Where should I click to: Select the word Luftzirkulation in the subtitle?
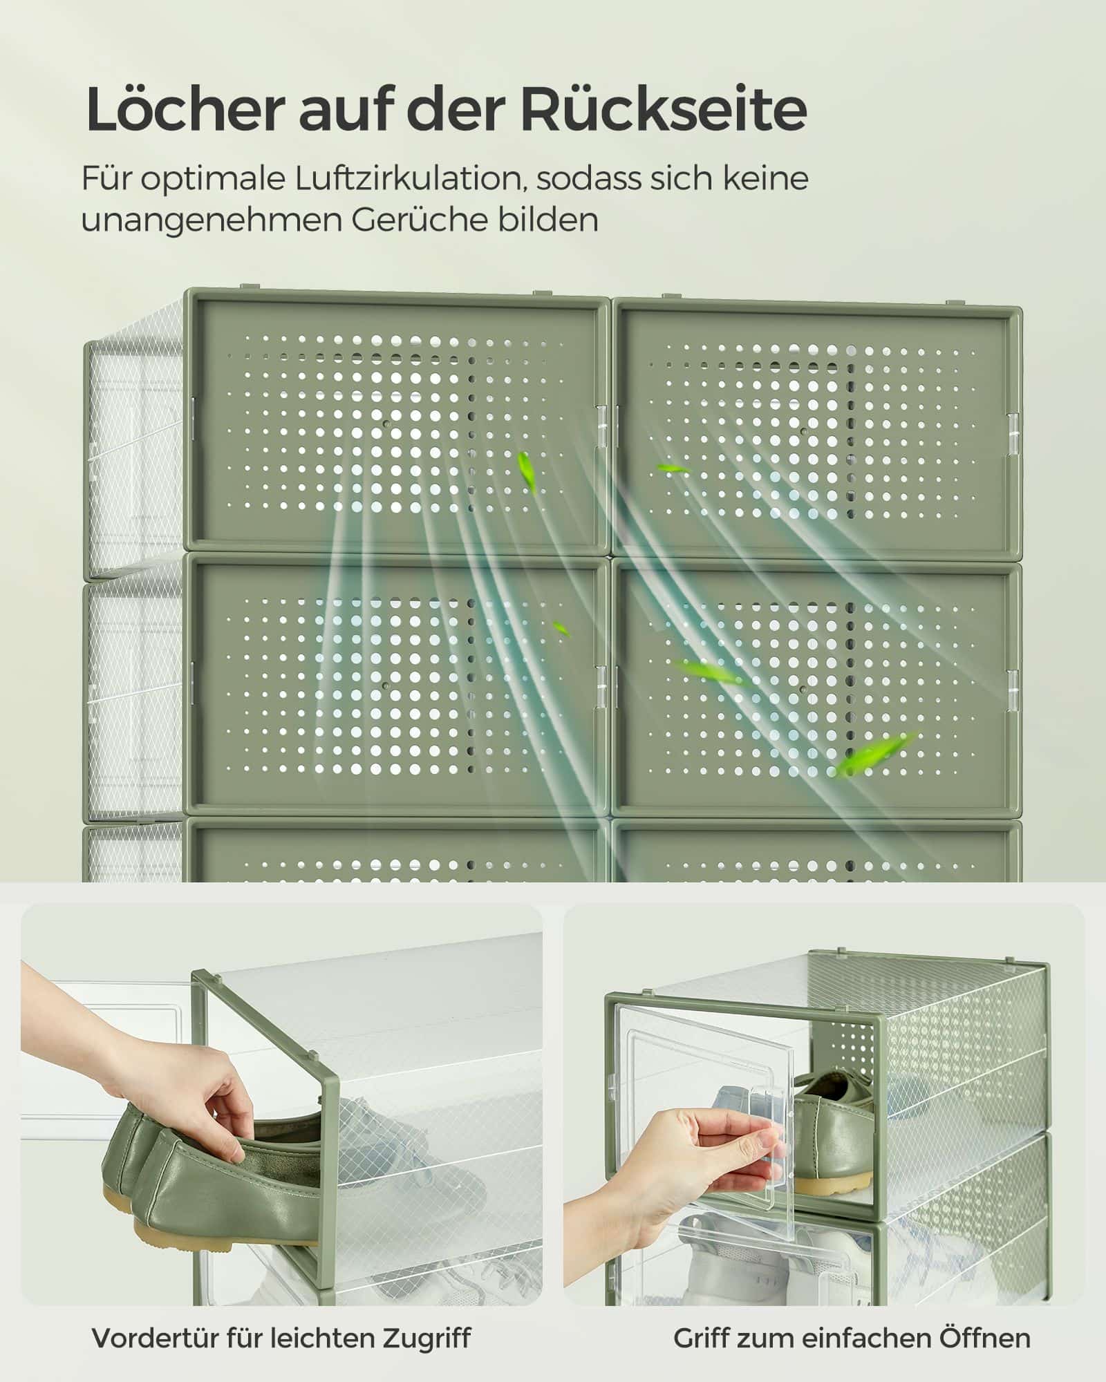406,178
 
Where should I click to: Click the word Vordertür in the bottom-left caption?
153,1338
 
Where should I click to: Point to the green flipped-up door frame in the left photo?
325,1106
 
